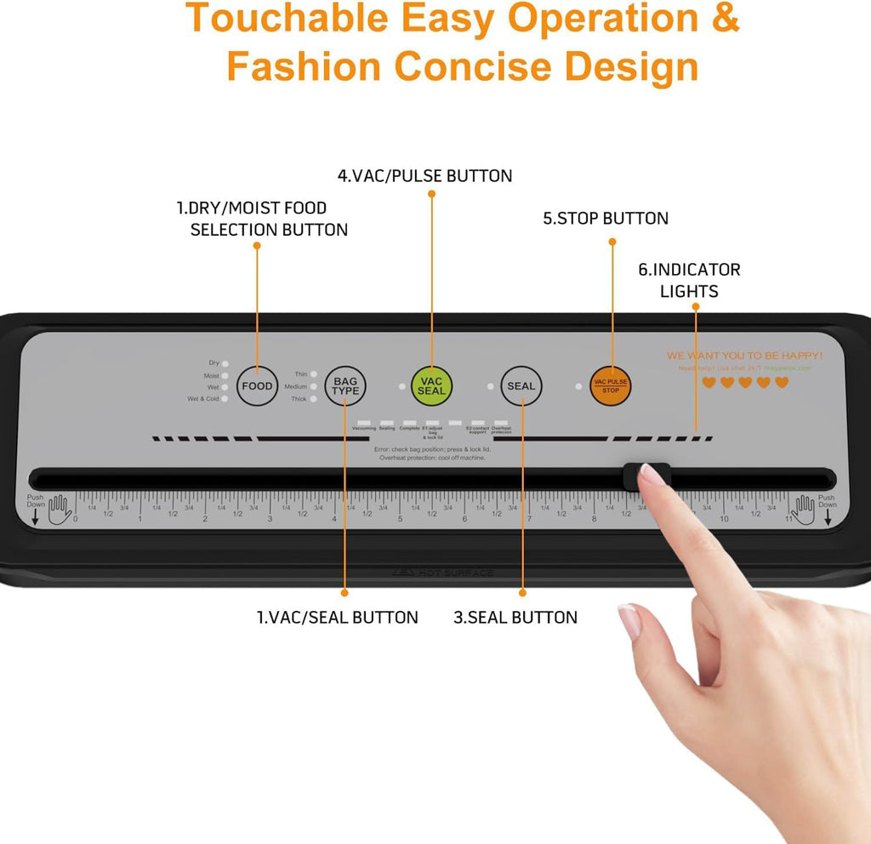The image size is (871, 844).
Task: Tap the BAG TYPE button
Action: coord(345,385)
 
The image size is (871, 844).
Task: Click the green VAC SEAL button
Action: coord(431,385)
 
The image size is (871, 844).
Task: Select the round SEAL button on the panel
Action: coord(521,385)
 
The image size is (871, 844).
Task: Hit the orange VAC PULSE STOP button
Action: coord(611,385)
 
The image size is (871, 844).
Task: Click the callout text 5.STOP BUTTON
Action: coord(606,219)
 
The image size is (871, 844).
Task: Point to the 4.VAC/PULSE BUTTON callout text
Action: coord(424,176)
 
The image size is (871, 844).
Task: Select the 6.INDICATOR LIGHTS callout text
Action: coord(689,280)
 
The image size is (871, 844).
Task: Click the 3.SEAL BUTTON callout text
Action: coord(515,618)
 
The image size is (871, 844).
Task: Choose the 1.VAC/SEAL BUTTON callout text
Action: coord(338,618)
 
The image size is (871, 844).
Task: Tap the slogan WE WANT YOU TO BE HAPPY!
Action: coord(744,355)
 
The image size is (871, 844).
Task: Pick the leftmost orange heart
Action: coord(709,383)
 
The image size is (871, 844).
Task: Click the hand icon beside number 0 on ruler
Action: coord(60,510)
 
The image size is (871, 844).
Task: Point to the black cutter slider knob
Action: coord(646,477)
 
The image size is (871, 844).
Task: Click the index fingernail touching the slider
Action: coord(652,475)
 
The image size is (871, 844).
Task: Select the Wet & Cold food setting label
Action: coord(203,399)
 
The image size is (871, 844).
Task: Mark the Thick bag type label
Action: coord(299,399)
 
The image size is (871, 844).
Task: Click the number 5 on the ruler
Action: coord(400,519)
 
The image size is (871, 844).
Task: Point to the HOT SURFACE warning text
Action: coord(455,573)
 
